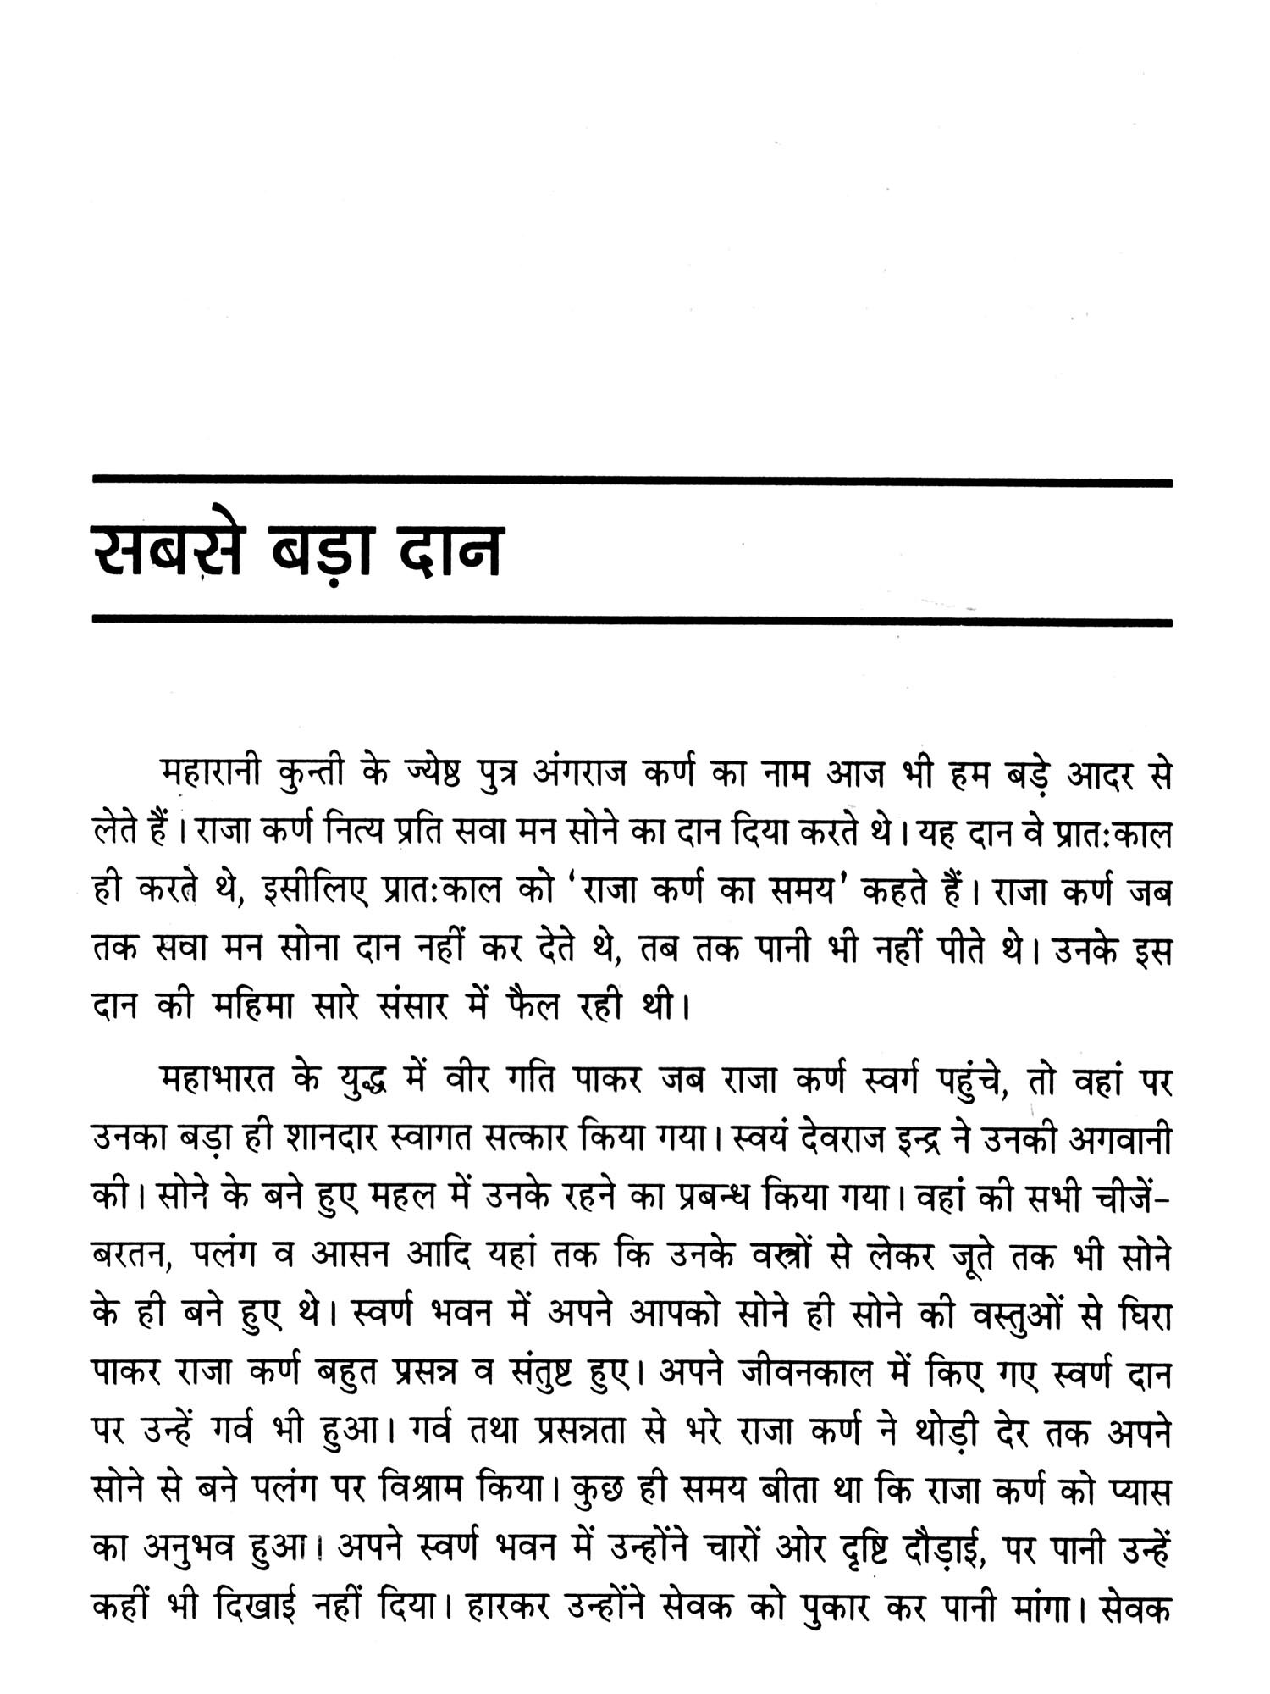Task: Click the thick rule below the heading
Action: click(x=632, y=623)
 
